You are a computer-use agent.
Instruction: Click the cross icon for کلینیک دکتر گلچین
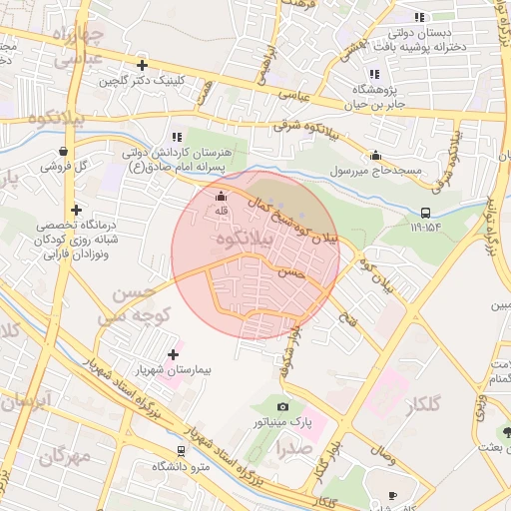click(x=143, y=65)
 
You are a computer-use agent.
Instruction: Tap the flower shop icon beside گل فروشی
click(x=63, y=152)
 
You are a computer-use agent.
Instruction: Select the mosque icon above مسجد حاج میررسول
click(x=375, y=155)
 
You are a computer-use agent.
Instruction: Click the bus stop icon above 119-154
click(x=426, y=212)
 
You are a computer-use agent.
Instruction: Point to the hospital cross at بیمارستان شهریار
click(x=174, y=354)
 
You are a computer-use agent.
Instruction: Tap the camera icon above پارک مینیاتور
click(x=283, y=406)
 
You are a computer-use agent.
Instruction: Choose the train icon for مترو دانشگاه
click(x=181, y=450)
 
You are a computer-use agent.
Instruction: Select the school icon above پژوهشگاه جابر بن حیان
click(x=373, y=74)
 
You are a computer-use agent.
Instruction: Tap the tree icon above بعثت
click(x=506, y=432)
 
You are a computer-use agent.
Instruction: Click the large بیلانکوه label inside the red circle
click(x=240, y=242)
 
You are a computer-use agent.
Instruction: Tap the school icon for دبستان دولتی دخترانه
click(x=420, y=17)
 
